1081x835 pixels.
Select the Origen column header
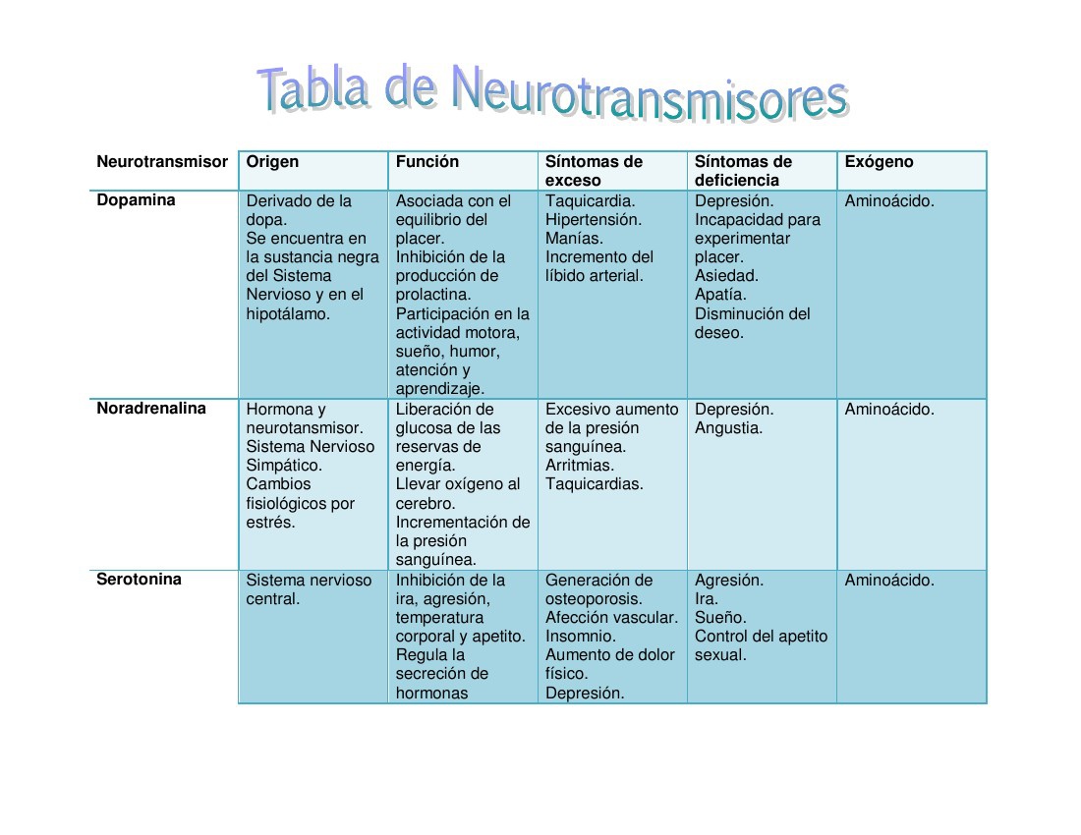tap(272, 162)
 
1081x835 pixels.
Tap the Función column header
tap(427, 162)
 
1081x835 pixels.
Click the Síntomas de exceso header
tap(594, 171)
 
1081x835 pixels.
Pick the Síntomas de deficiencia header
tap(743, 171)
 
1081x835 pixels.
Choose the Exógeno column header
tap(879, 162)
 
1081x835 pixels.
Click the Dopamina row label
tap(136, 200)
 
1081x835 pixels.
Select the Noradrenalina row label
tap(151, 409)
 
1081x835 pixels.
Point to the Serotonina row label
tap(139, 580)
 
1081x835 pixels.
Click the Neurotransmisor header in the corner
tap(162, 162)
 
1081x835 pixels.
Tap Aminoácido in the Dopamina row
tap(889, 201)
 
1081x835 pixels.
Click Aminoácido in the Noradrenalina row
tap(889, 410)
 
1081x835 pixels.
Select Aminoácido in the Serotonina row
tap(889, 581)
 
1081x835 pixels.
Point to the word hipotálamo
tap(287, 314)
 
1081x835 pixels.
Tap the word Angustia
tap(728, 428)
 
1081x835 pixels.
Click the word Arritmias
tap(579, 466)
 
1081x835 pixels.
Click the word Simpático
tap(283, 466)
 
